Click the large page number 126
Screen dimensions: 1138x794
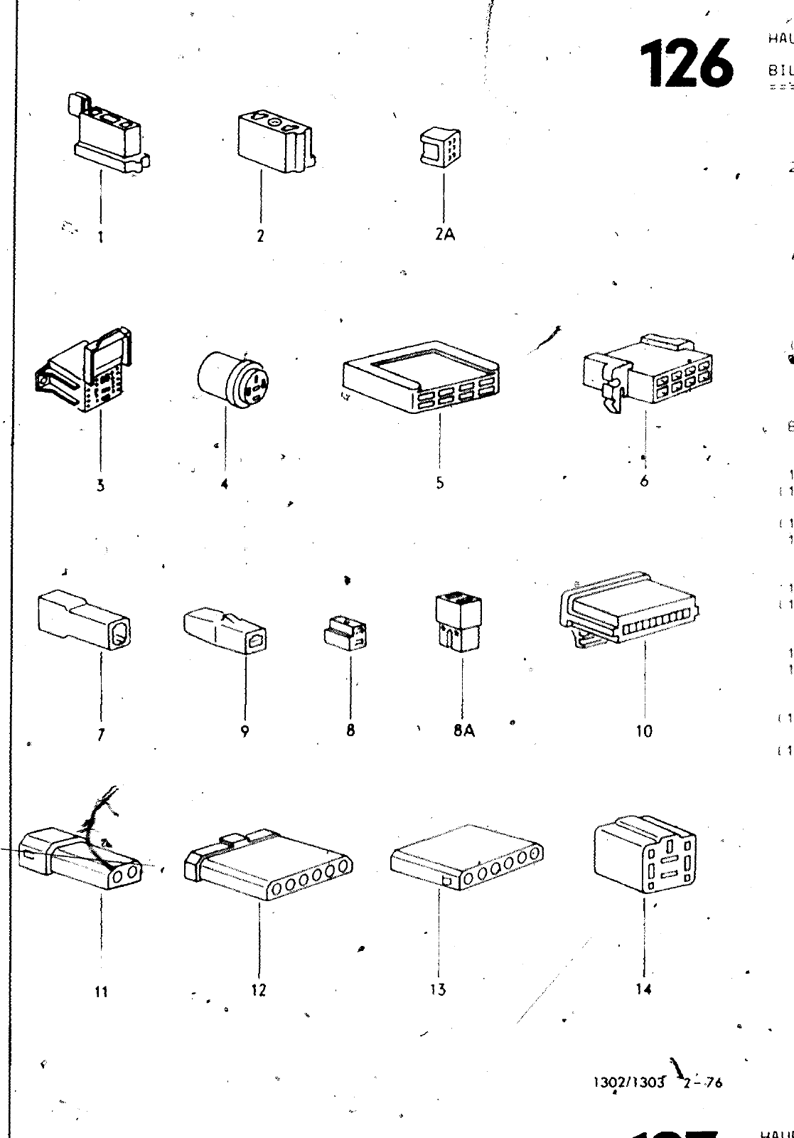pyautogui.click(x=687, y=65)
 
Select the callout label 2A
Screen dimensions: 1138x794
pyautogui.click(x=445, y=235)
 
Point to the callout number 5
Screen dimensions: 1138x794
pyautogui.click(x=440, y=483)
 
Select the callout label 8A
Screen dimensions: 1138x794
pyautogui.click(x=463, y=730)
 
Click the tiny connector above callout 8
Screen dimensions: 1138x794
pyautogui.click(x=346, y=632)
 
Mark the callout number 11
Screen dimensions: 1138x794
pyautogui.click(x=101, y=991)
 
